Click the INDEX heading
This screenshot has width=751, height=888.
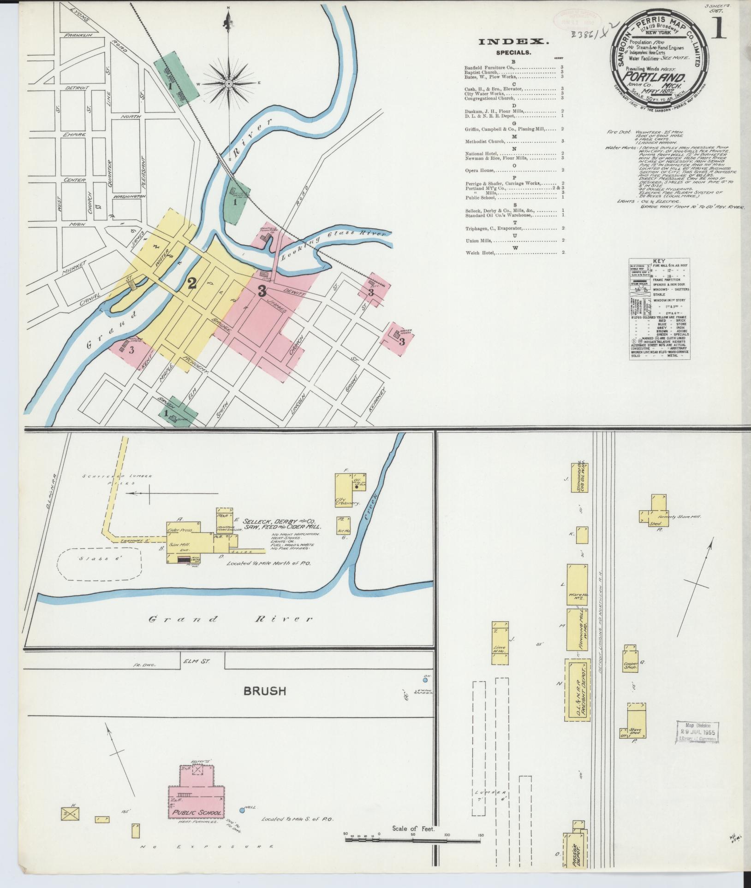tap(513, 42)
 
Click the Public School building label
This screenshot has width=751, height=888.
tap(197, 812)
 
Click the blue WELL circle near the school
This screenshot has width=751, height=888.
tap(242, 810)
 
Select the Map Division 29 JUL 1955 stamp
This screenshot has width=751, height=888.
tap(698, 731)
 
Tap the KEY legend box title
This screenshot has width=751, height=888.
tap(659, 260)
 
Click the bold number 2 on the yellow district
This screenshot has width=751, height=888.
tap(192, 283)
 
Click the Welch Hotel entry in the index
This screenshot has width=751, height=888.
tap(480, 253)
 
